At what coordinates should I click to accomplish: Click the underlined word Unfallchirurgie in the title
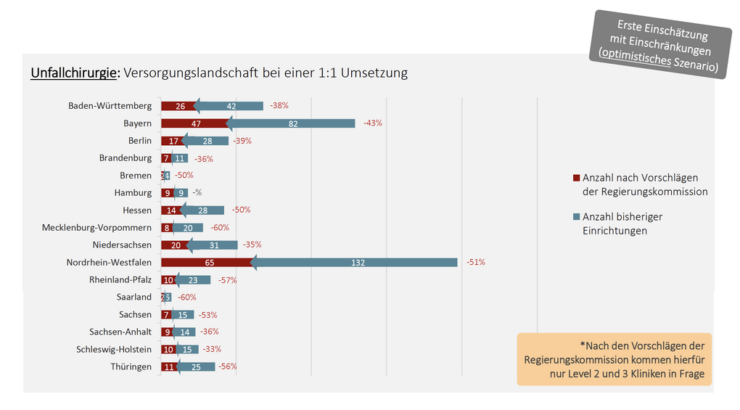click(x=75, y=73)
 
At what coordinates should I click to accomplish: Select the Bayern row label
click(x=137, y=123)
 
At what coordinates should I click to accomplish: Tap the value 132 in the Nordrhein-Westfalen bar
click(x=358, y=262)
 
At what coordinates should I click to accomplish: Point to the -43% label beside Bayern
click(x=373, y=123)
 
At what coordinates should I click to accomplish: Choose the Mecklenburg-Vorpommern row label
click(x=96, y=227)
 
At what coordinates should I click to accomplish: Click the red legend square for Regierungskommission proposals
click(x=577, y=178)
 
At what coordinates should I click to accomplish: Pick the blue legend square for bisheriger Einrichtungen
click(x=577, y=217)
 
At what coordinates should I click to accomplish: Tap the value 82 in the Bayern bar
click(x=293, y=123)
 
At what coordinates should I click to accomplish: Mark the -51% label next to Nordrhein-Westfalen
click(x=475, y=262)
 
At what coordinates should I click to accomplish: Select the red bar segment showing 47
click(x=196, y=123)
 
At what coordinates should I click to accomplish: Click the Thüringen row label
click(x=131, y=366)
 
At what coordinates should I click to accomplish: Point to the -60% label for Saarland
click(x=186, y=297)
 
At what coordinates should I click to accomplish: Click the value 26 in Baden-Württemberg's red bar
click(x=180, y=106)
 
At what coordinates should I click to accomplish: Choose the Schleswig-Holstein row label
click(x=114, y=349)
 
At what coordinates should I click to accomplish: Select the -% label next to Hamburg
click(x=197, y=192)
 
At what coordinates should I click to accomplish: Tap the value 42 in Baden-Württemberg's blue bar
click(x=231, y=106)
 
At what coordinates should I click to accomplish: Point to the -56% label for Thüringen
click(x=228, y=366)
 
